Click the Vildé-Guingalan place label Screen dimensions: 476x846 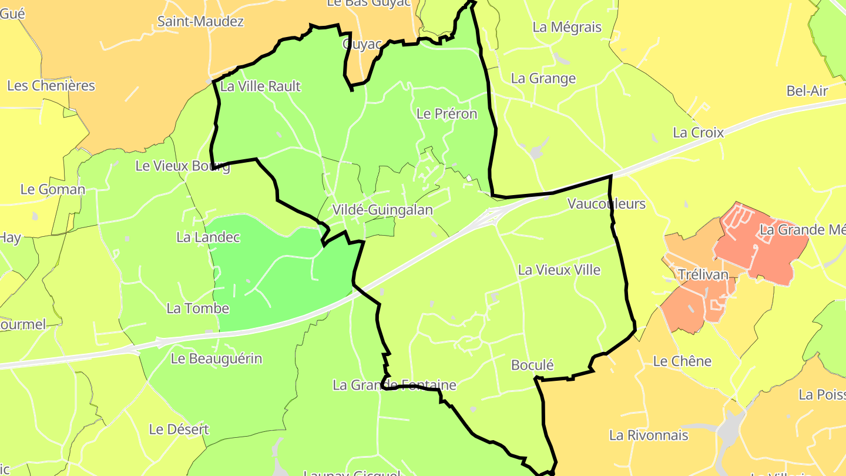coord(382,210)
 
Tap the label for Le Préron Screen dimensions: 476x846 coord(446,113)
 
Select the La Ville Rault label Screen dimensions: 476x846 coord(260,86)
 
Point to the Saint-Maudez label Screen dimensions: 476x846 coord(200,22)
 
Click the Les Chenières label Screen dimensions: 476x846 coord(51,85)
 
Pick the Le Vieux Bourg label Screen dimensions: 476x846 coord(182,166)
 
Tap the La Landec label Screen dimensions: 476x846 coord(208,237)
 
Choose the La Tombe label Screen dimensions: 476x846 coord(198,308)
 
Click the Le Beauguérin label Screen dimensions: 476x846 coord(216,358)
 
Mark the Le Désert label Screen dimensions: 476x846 coord(179,429)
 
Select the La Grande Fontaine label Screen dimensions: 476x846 coord(394,385)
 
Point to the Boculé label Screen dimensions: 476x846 coord(532,365)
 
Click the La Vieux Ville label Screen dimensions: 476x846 coord(559,270)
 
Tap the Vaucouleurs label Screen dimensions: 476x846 coord(606,204)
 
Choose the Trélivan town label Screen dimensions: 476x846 coord(703,274)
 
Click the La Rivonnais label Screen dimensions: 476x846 coord(649,435)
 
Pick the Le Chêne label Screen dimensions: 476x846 coord(682,361)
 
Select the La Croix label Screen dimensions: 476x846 coord(698,132)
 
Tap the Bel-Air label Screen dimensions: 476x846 coord(807,90)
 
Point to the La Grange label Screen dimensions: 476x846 coord(543,78)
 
